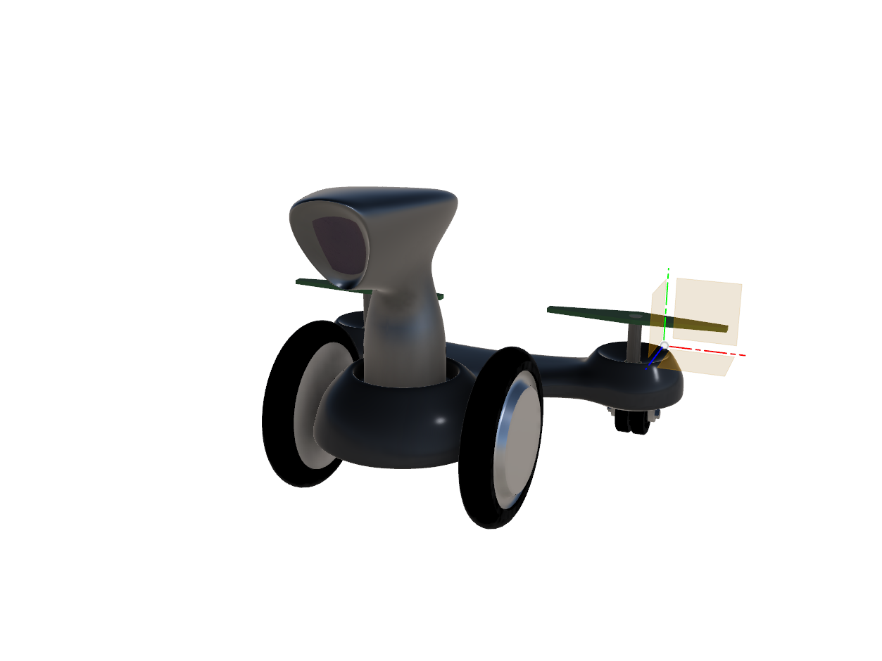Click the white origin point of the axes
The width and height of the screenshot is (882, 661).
664,345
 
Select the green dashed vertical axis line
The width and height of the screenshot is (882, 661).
667,295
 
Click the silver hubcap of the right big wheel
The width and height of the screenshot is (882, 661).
520,436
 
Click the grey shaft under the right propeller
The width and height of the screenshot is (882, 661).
635,342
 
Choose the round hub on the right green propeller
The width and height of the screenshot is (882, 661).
635,316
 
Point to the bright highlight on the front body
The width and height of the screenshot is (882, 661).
439,421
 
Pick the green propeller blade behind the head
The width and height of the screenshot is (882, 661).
313,283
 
